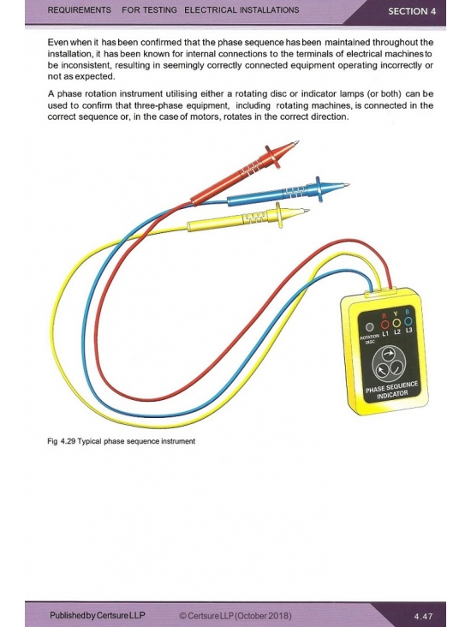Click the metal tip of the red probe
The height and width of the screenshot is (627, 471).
point(296,143)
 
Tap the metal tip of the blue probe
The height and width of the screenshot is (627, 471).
point(346,185)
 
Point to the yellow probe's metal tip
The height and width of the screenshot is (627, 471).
point(306,211)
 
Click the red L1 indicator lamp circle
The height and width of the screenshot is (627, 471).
point(385,323)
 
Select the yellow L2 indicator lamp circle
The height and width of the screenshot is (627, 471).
point(396,322)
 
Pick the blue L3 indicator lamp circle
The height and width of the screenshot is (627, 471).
point(408,320)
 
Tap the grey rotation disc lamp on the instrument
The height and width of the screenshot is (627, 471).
point(370,326)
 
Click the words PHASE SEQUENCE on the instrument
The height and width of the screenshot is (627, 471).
point(391,386)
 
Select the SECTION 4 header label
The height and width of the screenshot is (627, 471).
point(412,11)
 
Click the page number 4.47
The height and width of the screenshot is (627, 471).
point(423,616)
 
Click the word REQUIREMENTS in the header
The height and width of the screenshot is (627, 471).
point(79,10)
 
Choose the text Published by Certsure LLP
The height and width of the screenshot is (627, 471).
point(98,615)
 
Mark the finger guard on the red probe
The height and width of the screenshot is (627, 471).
point(272,158)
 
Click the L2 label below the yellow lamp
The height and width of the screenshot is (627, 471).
point(396,331)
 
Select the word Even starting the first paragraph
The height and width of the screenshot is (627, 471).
point(57,42)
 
